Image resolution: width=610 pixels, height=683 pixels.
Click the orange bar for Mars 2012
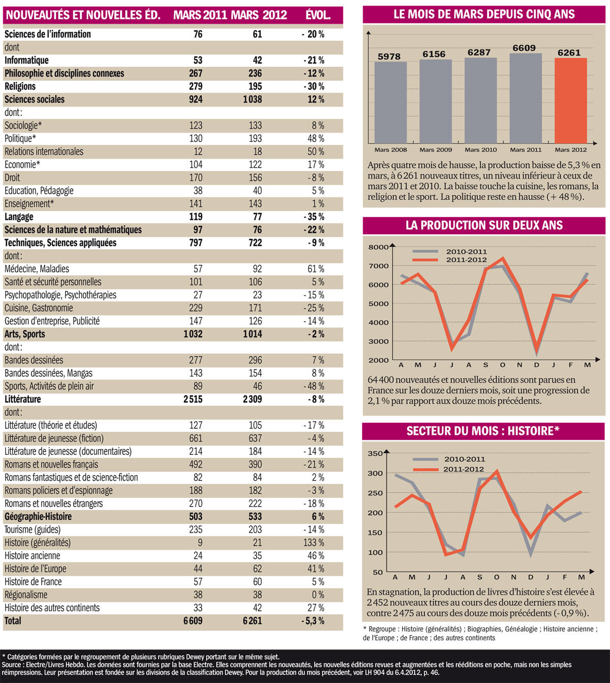[x=570, y=101]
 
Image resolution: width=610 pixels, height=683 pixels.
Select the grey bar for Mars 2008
[x=390, y=102]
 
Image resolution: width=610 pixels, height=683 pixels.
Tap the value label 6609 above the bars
[x=524, y=48]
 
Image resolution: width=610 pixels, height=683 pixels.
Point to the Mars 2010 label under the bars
[x=480, y=150]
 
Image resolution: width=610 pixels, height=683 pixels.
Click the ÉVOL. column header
[x=318, y=15]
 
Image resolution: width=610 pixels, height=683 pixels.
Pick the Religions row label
[x=20, y=86]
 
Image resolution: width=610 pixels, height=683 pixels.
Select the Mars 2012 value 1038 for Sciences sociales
[x=252, y=100]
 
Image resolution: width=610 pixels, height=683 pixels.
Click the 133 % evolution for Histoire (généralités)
[x=314, y=543]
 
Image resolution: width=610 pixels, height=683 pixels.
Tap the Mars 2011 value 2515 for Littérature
[x=193, y=399]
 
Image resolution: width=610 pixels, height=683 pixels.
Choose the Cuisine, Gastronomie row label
[x=39, y=308]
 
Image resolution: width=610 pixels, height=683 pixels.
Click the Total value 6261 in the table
[x=252, y=621]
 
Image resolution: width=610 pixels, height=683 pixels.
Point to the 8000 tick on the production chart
[x=378, y=247]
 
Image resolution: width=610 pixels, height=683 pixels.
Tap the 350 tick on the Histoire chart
[x=375, y=454]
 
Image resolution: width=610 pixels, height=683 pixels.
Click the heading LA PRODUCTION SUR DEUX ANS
[x=484, y=225]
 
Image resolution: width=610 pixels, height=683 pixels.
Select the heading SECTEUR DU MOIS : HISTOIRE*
[x=483, y=431]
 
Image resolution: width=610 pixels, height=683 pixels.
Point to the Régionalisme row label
[x=26, y=595]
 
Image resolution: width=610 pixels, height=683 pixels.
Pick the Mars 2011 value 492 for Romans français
[x=195, y=464]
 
